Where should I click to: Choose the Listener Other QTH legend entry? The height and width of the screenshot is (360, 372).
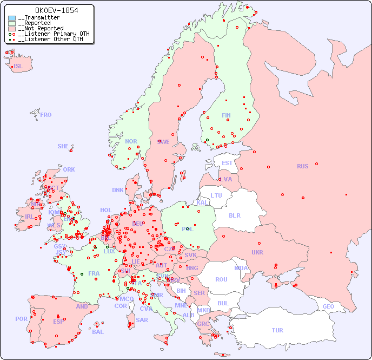click(50, 39)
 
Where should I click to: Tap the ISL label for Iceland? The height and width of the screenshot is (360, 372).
click(18, 67)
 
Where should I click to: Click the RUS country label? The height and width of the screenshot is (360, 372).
click(302, 166)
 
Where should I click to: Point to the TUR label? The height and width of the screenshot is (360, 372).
click(277, 330)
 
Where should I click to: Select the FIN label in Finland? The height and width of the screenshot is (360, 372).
click(226, 115)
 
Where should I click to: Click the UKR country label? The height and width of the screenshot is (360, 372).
click(257, 252)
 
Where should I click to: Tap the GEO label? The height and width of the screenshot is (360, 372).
click(328, 306)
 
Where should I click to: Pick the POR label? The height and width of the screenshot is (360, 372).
click(21, 319)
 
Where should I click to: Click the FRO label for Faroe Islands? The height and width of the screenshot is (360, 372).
click(46, 115)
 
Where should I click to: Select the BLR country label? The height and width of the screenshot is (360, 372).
click(235, 215)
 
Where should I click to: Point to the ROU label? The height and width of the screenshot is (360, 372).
click(221, 279)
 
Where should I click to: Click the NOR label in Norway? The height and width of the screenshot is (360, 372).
click(131, 141)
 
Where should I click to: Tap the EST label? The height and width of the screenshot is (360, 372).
click(227, 163)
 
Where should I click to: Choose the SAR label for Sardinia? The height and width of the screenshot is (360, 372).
click(142, 320)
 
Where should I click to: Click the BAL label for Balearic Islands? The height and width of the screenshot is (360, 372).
click(98, 332)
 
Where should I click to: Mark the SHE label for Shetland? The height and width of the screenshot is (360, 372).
click(63, 146)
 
